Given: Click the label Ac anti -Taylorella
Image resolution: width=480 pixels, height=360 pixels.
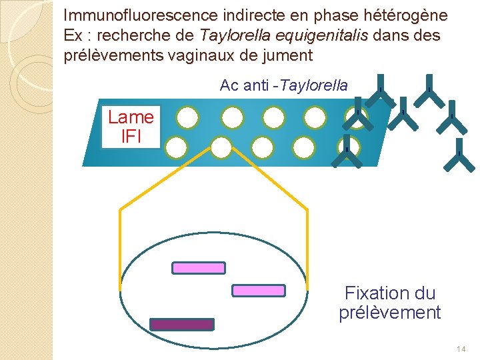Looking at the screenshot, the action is point(283,85).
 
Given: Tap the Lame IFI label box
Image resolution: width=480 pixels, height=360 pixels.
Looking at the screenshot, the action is point(131,127).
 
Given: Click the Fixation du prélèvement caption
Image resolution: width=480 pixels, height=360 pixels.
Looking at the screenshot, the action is point(389,303).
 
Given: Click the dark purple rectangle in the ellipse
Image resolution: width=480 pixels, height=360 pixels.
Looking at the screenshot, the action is point(182,325).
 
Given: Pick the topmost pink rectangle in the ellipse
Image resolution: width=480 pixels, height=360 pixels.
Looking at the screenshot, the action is point(199,268).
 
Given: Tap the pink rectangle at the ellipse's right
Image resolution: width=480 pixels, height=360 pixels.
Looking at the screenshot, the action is point(258,291).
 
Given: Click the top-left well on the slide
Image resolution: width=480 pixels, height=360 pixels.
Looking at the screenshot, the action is point(188,118).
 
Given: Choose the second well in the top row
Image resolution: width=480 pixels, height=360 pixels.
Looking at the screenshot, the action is point(232,118).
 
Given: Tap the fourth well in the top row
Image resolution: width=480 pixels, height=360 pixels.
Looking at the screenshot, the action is point(315,118).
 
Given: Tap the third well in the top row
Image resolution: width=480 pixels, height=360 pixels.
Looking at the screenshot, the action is point(273,118).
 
